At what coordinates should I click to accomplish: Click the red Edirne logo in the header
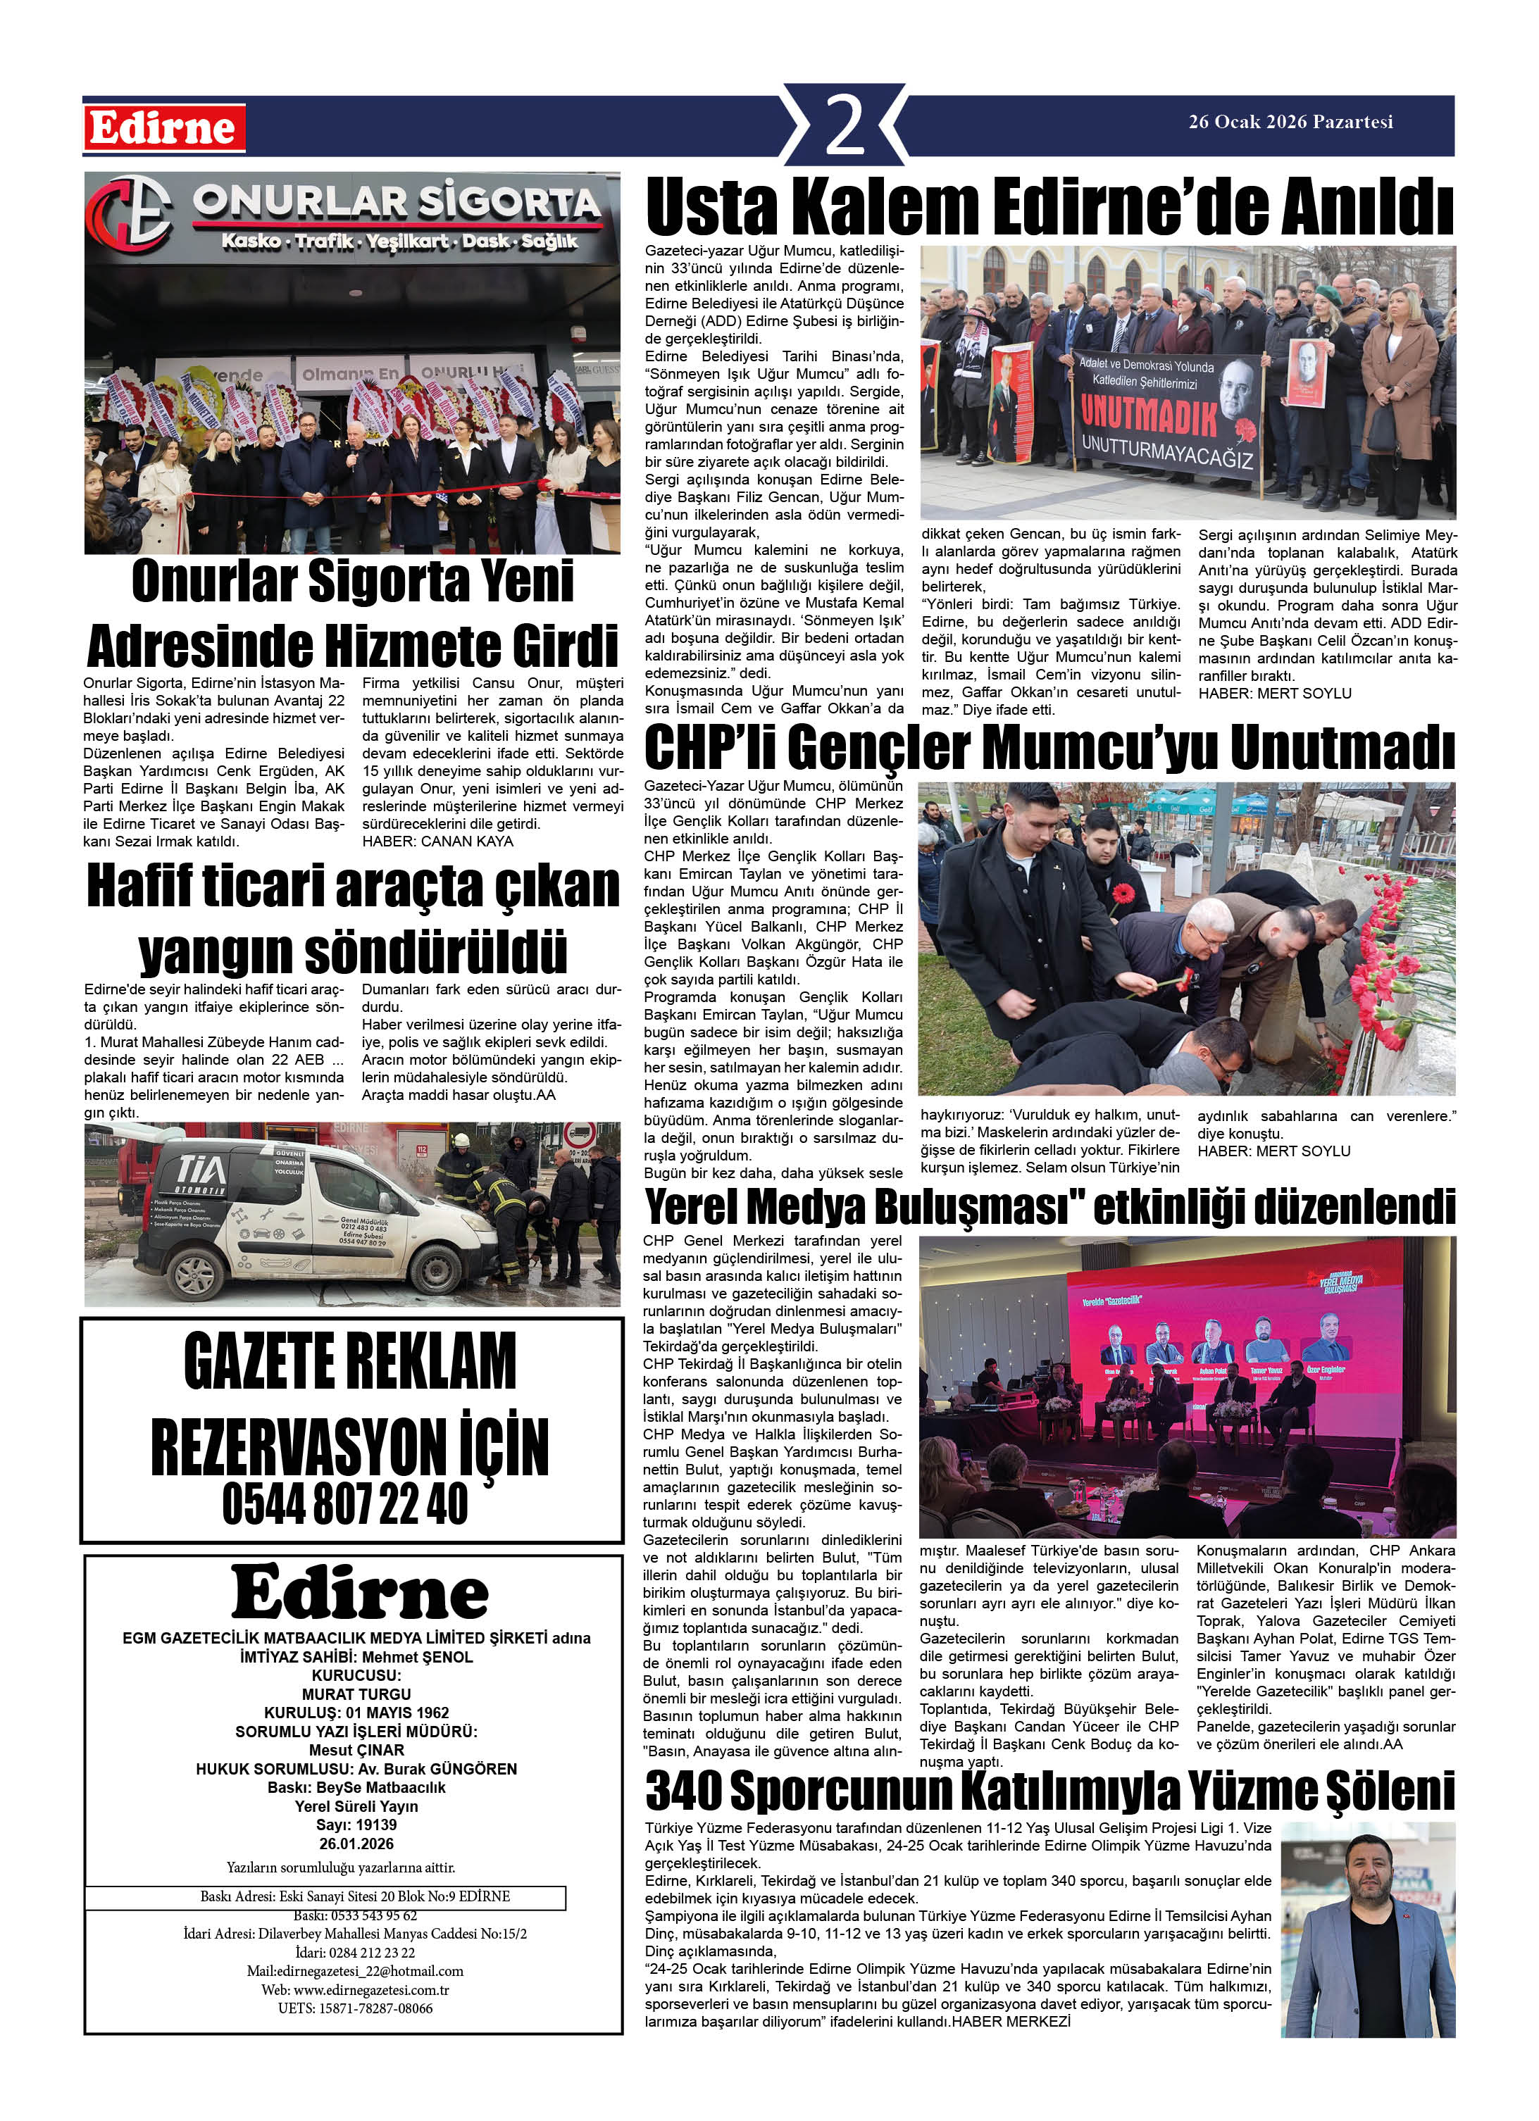(x=163, y=128)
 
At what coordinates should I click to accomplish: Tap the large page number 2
(x=845, y=125)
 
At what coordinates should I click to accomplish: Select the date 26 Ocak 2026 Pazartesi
(x=1290, y=122)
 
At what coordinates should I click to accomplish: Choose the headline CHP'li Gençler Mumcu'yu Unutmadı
(x=1049, y=748)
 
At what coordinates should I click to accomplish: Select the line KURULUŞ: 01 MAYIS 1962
(x=356, y=1713)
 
